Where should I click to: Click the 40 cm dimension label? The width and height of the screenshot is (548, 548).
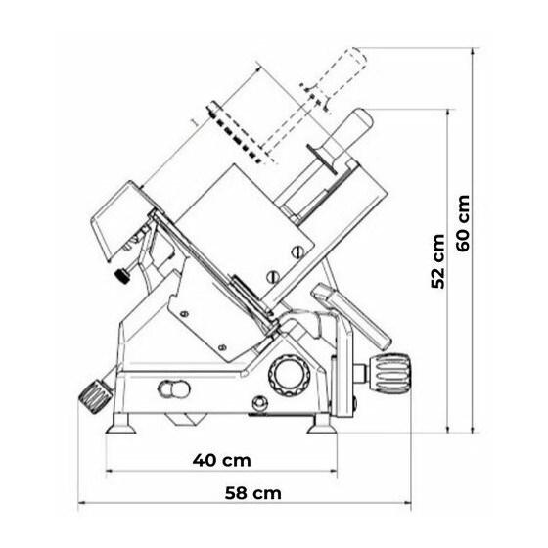[221, 460]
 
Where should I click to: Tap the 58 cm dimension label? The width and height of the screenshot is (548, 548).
[253, 493]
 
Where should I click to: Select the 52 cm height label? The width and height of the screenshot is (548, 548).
[438, 261]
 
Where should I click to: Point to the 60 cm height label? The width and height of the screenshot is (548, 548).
[463, 223]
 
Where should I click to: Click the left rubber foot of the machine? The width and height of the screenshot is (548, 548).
[120, 425]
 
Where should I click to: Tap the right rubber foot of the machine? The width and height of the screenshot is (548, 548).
[322, 425]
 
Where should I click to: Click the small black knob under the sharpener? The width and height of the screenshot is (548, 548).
[122, 276]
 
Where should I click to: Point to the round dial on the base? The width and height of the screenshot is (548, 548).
[290, 376]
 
